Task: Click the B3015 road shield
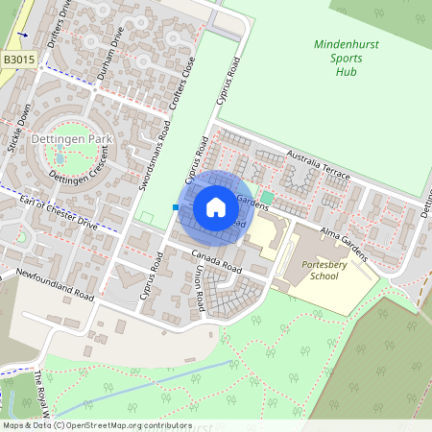(x=20, y=60)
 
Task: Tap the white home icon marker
(x=216, y=206)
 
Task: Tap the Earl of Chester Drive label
(x=60, y=212)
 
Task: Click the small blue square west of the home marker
(x=176, y=206)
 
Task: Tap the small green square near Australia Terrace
(x=267, y=198)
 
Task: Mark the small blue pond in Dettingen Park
(x=60, y=159)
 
